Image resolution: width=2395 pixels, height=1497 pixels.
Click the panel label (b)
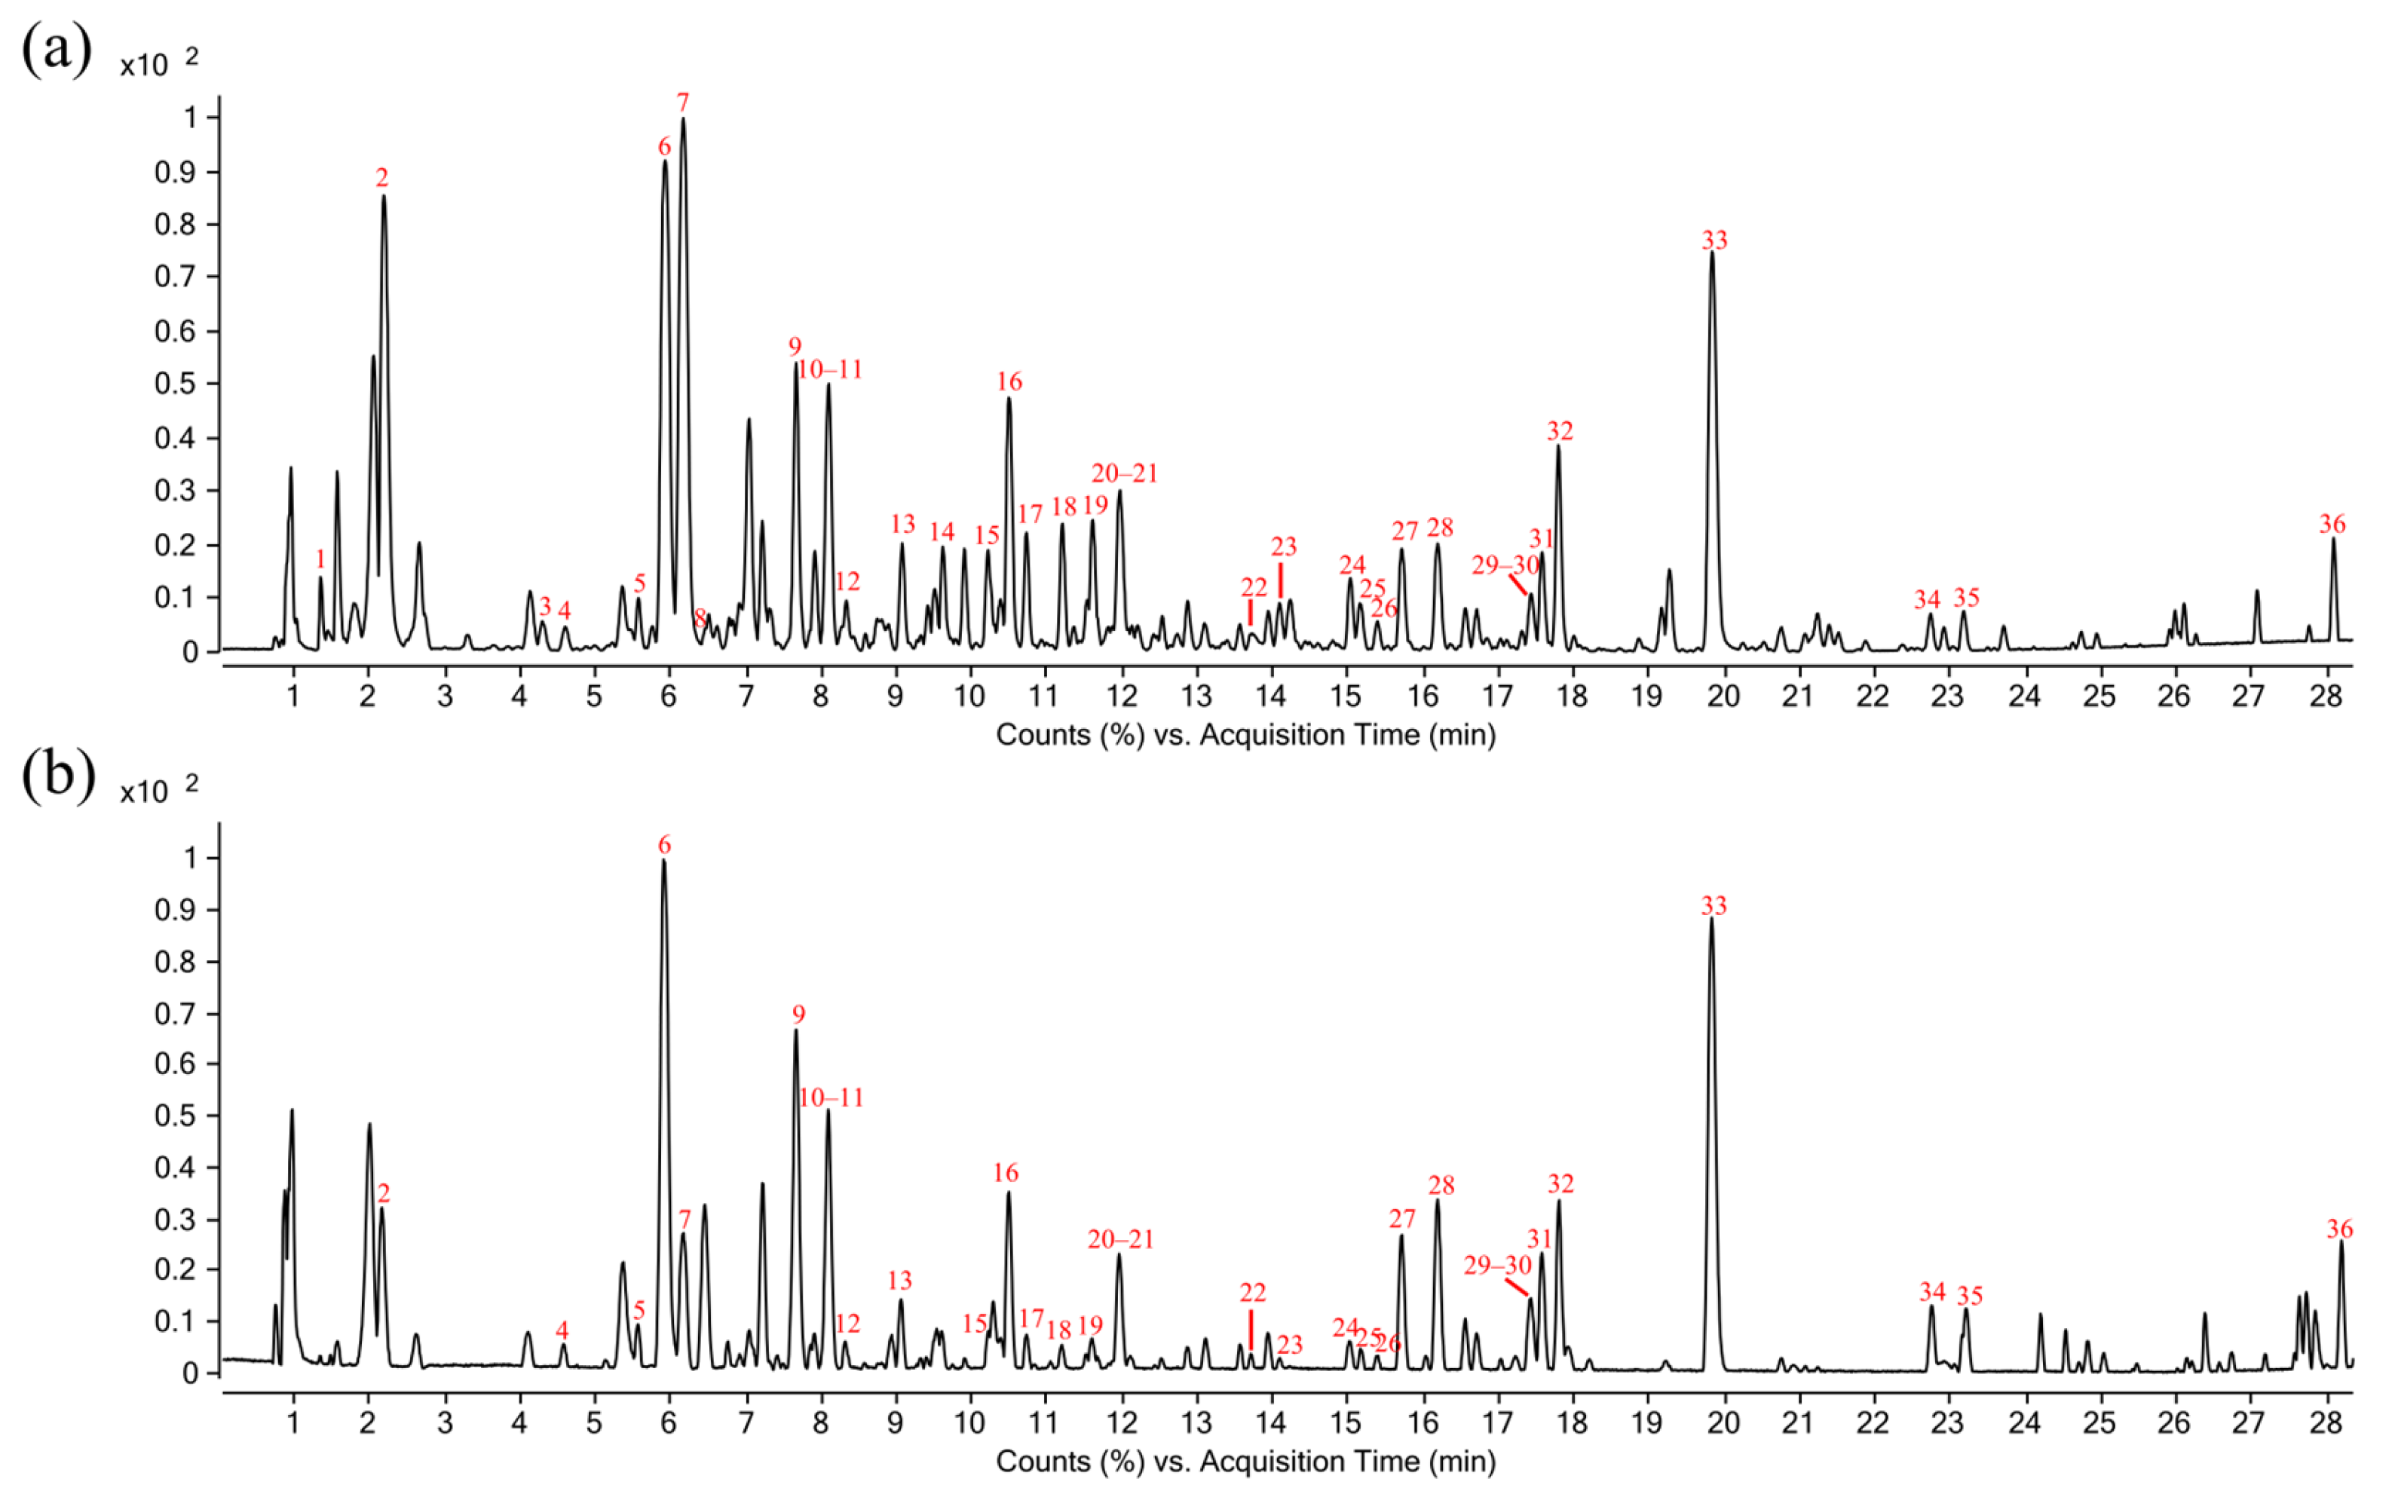click(x=58, y=774)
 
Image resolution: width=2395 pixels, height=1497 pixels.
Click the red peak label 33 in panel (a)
click(x=1714, y=240)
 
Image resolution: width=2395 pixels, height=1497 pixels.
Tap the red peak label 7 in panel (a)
click(x=682, y=103)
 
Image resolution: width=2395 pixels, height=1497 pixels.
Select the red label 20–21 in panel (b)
click(x=1121, y=1239)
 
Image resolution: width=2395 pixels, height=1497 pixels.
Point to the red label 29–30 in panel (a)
click(x=1504, y=565)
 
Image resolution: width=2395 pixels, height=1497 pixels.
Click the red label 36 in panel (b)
click(x=2339, y=1229)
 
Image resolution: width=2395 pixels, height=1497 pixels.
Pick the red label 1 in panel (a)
click(x=320, y=560)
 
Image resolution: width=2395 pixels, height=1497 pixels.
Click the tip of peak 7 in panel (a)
click(x=683, y=120)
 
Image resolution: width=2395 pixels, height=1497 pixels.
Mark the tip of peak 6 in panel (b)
click(x=663, y=860)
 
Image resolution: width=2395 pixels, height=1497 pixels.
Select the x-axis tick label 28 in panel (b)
click(x=2326, y=1424)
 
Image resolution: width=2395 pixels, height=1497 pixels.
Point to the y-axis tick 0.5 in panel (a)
click(x=175, y=384)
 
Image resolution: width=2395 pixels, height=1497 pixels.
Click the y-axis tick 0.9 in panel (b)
click(x=175, y=910)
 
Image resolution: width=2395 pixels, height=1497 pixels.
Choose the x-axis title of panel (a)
click(x=1245, y=736)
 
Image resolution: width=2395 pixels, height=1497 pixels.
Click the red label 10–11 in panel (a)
click(x=830, y=370)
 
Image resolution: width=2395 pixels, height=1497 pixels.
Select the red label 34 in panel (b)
click(x=1931, y=1292)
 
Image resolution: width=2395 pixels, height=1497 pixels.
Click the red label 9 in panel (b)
click(x=798, y=1015)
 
